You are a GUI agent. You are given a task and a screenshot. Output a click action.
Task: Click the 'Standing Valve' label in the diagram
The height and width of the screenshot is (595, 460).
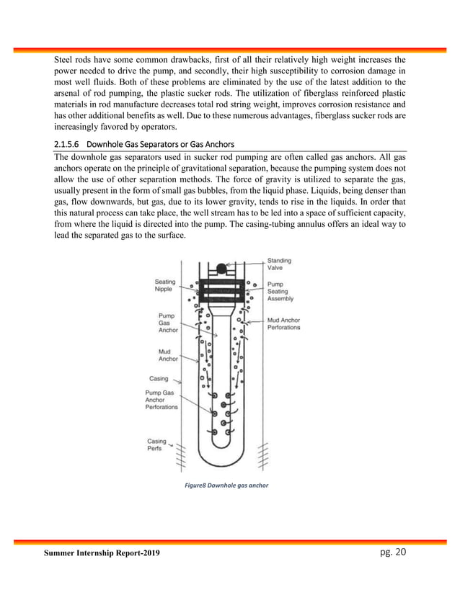click(280, 264)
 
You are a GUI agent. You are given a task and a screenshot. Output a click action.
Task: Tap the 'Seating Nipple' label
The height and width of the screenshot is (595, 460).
click(167, 285)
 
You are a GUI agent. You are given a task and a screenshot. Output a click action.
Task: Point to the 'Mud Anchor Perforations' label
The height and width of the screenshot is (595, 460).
click(283, 323)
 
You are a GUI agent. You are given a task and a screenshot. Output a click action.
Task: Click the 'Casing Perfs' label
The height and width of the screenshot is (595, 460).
click(156, 444)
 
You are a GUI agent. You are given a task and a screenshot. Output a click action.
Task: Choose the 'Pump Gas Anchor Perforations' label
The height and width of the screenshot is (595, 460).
click(162, 400)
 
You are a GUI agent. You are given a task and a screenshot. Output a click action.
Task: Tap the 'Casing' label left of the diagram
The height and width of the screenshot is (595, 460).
click(159, 377)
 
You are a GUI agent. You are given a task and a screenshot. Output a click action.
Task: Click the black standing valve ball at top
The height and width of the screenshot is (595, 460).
click(221, 269)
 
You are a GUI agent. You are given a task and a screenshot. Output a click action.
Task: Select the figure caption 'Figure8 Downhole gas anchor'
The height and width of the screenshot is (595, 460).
click(226, 486)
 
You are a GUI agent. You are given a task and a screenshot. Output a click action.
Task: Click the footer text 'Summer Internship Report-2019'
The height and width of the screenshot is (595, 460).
click(102, 553)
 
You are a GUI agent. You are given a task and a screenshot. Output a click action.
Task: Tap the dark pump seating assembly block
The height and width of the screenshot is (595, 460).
click(221, 290)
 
